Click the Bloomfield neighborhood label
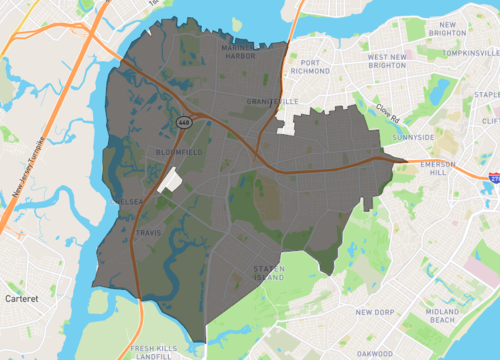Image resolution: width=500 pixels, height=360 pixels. point(180,152)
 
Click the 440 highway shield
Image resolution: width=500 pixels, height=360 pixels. point(183,121)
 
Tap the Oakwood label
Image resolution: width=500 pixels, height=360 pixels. point(372,351)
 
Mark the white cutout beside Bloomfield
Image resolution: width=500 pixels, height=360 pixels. point(169,180)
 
